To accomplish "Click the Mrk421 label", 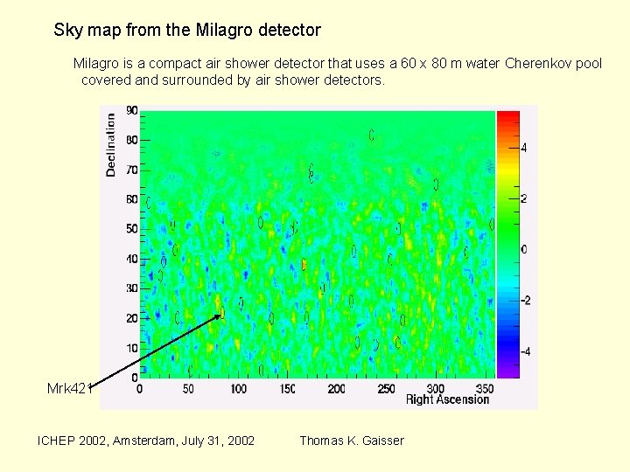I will [69, 388].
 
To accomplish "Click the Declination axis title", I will [111, 144].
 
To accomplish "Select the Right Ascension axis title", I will [447, 399].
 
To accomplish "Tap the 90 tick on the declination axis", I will [131, 111].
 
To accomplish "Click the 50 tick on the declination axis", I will [131, 229].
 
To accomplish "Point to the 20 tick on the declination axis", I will [131, 318].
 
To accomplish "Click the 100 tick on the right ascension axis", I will [238, 388].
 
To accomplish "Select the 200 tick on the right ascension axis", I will [337, 388].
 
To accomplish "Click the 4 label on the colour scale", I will [525, 149].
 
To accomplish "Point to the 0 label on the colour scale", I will [525, 250].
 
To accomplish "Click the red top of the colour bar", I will [507, 116].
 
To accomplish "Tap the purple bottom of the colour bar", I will [507, 371].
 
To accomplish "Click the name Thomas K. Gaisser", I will [352, 441].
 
